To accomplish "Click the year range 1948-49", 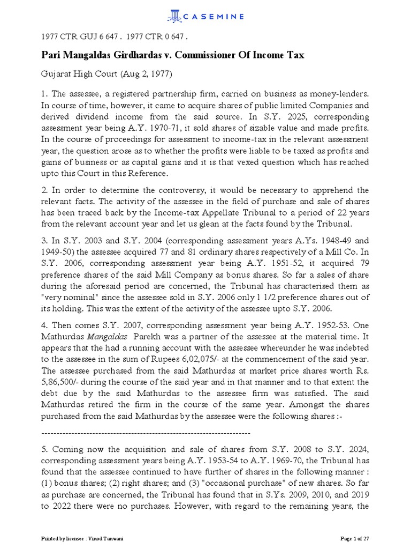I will tap(331, 240).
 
